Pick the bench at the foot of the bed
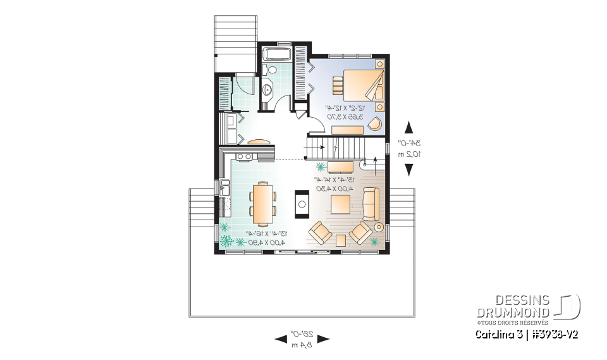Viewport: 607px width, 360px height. click(x=343, y=130)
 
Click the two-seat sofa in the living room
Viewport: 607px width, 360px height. click(x=371, y=204)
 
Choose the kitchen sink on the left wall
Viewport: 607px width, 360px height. click(x=226, y=188)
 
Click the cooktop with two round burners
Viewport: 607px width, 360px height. click(x=245, y=156)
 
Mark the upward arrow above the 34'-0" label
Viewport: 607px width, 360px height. click(x=409, y=127)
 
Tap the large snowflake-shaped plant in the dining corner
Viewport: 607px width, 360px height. click(x=227, y=240)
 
